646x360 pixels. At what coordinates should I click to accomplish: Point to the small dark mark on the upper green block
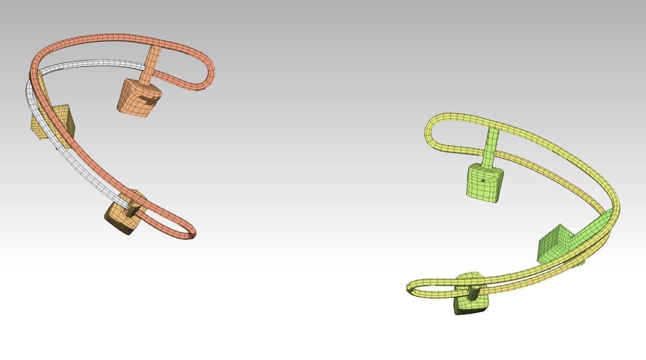483,180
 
